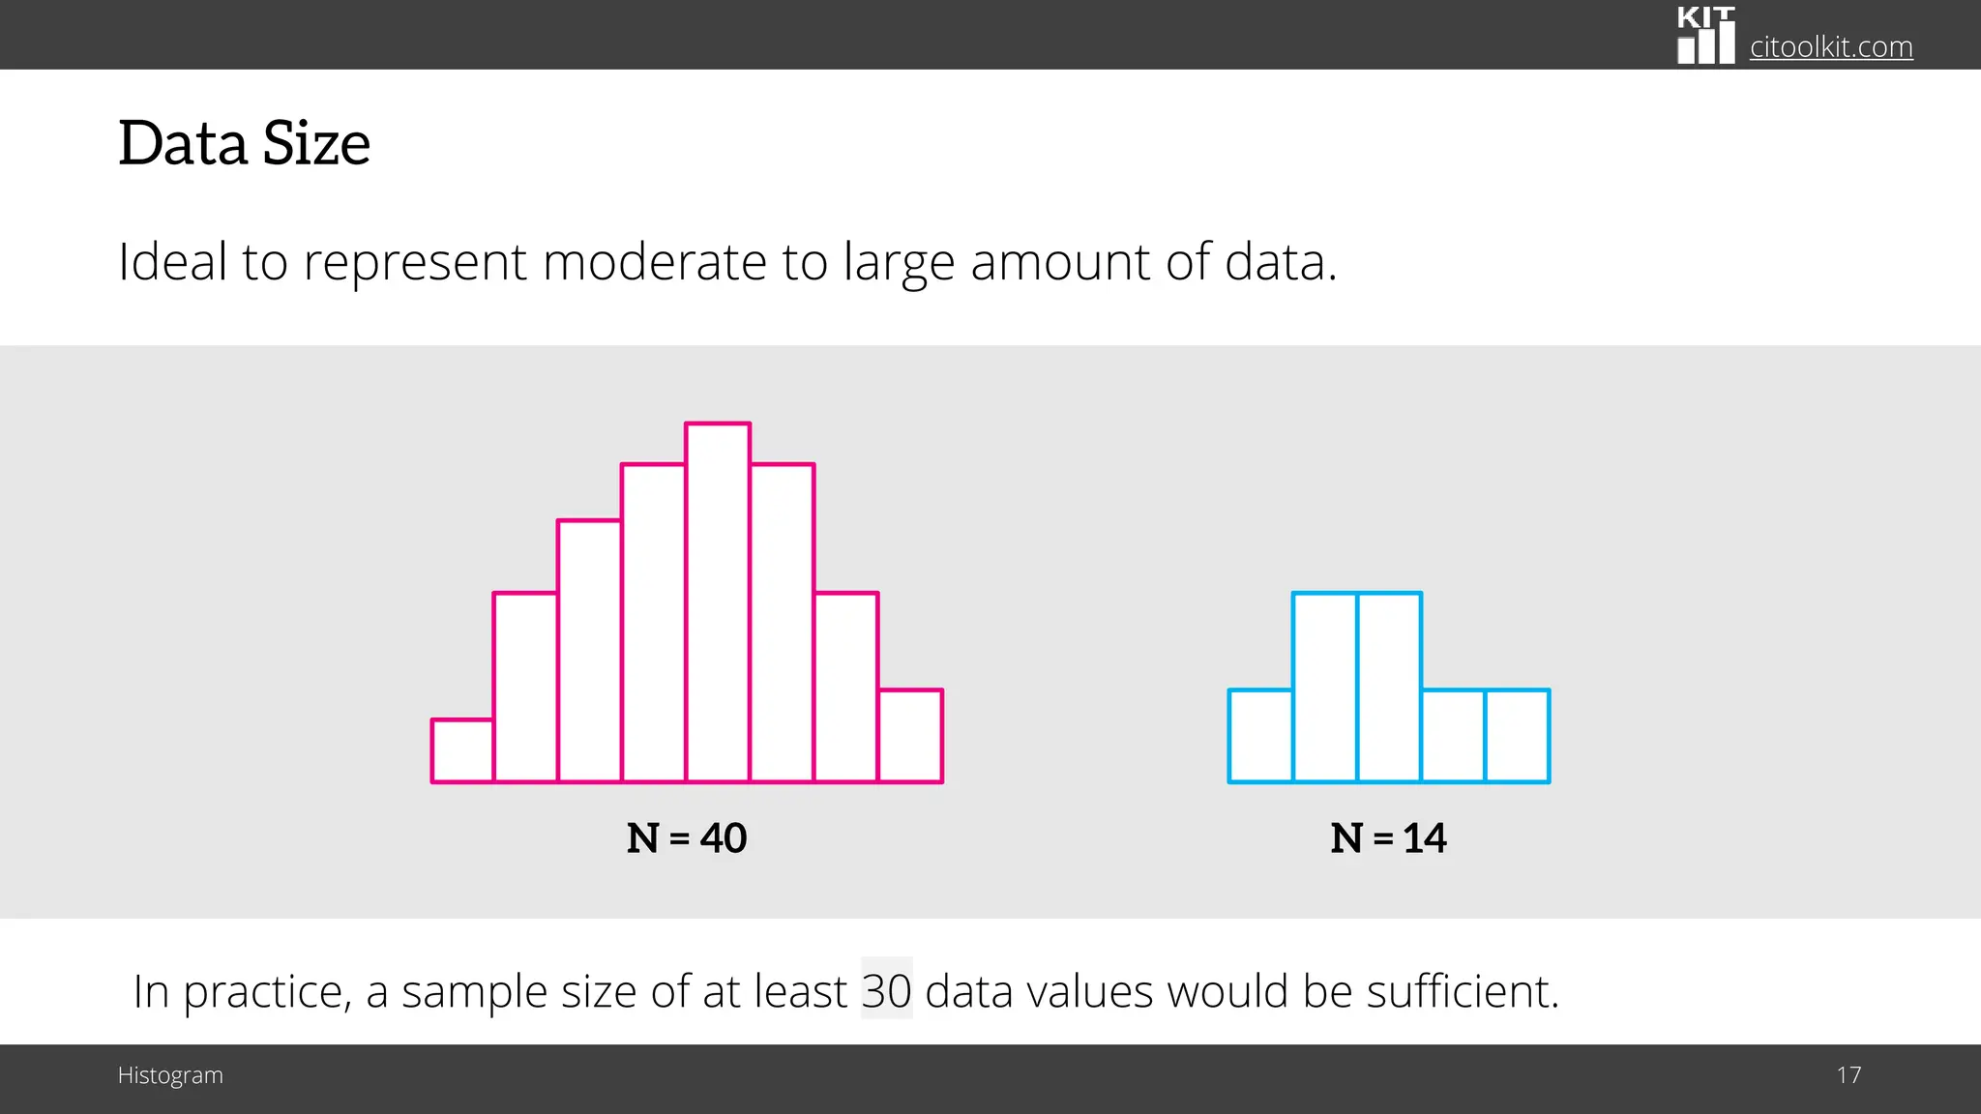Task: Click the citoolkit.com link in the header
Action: [x=1830, y=46]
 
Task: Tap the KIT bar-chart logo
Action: [x=1705, y=36]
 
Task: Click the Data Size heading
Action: [x=244, y=143]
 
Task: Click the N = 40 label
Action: [x=687, y=837]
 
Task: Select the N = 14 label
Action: [x=1388, y=837]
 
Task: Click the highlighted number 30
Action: [x=886, y=990]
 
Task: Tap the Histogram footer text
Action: [x=170, y=1075]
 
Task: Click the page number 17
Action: [x=1848, y=1075]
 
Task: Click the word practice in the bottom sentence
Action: [x=266, y=992]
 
